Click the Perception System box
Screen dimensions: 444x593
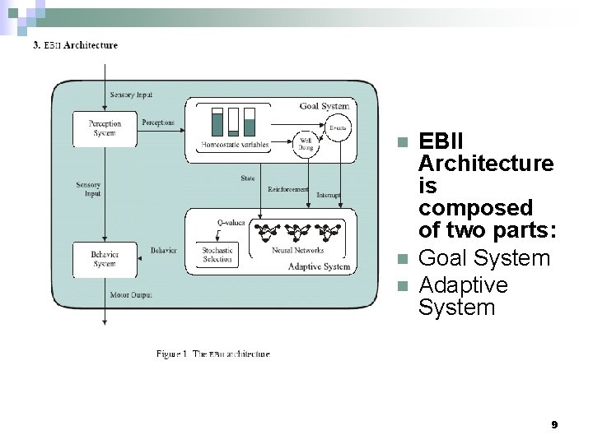(105, 129)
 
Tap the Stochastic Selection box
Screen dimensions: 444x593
(217, 255)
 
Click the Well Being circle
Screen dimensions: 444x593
(306, 145)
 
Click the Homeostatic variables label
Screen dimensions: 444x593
(235, 146)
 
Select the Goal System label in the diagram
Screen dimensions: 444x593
(324, 106)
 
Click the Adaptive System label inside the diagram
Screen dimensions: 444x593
(319, 266)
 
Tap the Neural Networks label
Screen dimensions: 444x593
(297, 250)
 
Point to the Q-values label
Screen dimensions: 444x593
(231, 222)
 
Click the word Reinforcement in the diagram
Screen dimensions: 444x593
(288, 189)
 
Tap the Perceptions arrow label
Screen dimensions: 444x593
(158, 123)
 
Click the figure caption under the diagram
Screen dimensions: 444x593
(213, 354)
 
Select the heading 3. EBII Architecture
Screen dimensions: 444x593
(75, 45)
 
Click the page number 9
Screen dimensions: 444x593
(554, 425)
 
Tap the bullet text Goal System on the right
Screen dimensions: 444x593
(484, 258)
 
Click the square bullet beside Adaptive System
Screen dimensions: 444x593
(402, 286)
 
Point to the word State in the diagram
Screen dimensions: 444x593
(247, 178)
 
